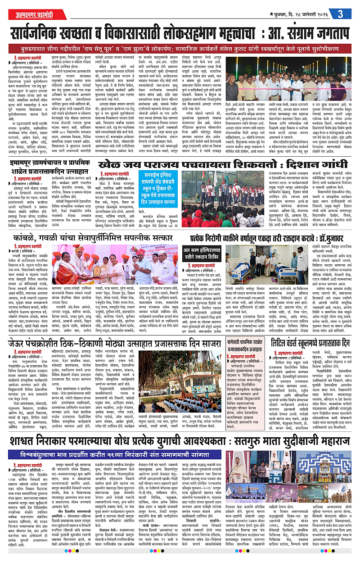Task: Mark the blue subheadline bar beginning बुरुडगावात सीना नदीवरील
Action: pyautogui.click(x=180, y=48)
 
